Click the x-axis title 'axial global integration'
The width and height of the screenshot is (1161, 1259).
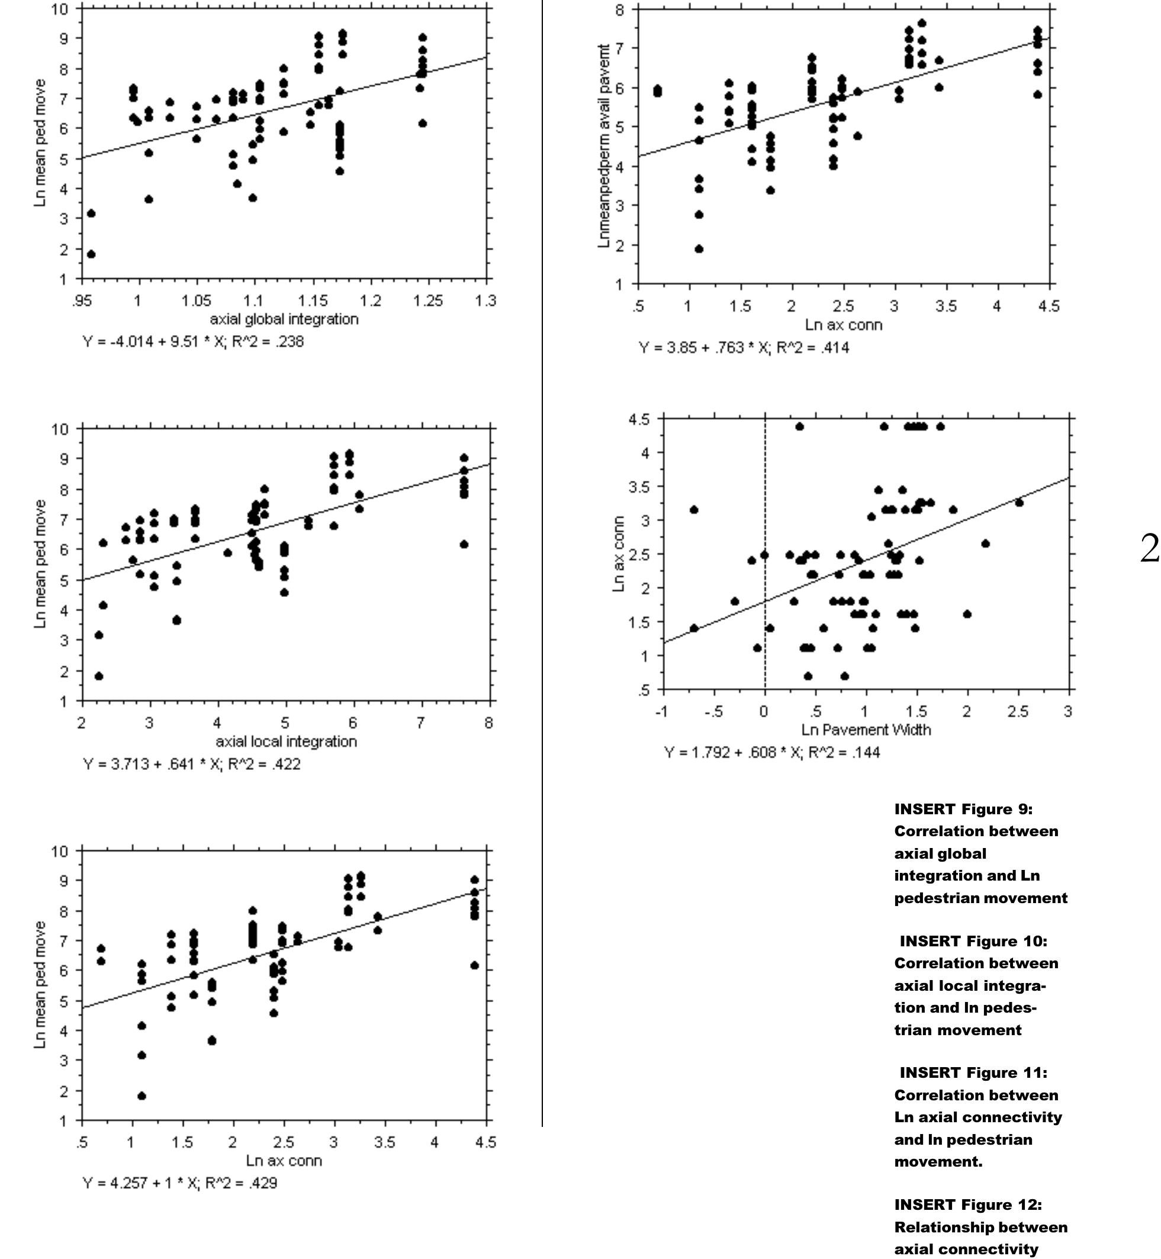[x=284, y=319]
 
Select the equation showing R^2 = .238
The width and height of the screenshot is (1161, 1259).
[x=193, y=342]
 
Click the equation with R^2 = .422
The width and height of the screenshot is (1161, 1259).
[x=192, y=764]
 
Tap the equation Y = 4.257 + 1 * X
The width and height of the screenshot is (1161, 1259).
[x=179, y=1183]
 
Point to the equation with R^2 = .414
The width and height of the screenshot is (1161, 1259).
[x=744, y=348]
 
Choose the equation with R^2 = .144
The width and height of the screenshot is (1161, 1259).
[x=772, y=752]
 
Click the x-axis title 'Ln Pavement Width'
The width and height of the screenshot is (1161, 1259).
[x=866, y=730]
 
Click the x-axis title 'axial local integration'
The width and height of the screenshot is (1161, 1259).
[x=286, y=741]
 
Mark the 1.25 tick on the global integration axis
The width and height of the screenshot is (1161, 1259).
[x=428, y=301]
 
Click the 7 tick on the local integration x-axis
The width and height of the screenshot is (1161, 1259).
[x=421, y=723]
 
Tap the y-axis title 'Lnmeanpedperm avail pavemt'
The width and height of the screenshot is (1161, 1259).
[x=604, y=146]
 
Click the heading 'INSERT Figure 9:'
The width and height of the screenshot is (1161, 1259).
[x=963, y=808]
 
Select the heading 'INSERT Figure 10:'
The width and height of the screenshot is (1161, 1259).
[x=973, y=940]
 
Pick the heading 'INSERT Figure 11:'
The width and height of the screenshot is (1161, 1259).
[x=973, y=1072]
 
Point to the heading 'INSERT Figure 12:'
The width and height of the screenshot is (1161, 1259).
[x=968, y=1205]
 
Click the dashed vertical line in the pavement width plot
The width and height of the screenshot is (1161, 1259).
[x=764, y=628]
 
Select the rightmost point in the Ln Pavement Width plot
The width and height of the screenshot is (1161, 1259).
[x=1019, y=503]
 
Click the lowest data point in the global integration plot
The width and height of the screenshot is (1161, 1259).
[x=91, y=254]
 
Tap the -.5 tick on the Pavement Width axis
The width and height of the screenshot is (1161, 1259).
[x=713, y=711]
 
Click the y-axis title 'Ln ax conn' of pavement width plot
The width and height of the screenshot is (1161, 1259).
[x=619, y=554]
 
